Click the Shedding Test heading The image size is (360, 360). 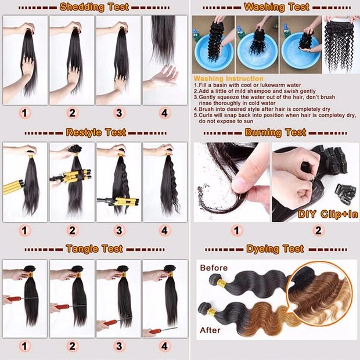94,7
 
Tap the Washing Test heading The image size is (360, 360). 276,7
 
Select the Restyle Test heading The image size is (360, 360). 96,132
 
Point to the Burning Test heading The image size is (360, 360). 275,132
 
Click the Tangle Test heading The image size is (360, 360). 95,249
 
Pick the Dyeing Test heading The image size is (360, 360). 275,249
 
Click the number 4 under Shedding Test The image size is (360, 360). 165,113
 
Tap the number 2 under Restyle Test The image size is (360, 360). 72,231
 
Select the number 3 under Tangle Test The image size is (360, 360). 119,346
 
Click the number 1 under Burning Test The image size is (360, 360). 236,231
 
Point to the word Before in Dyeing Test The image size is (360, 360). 214,268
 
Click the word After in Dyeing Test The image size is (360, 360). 210,330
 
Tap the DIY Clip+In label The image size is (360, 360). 328,214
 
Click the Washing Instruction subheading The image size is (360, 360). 228,78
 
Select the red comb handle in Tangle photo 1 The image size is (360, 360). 15,300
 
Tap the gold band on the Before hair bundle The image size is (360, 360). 222,282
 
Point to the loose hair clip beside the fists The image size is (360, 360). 345,195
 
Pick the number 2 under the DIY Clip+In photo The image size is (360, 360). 318,231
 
